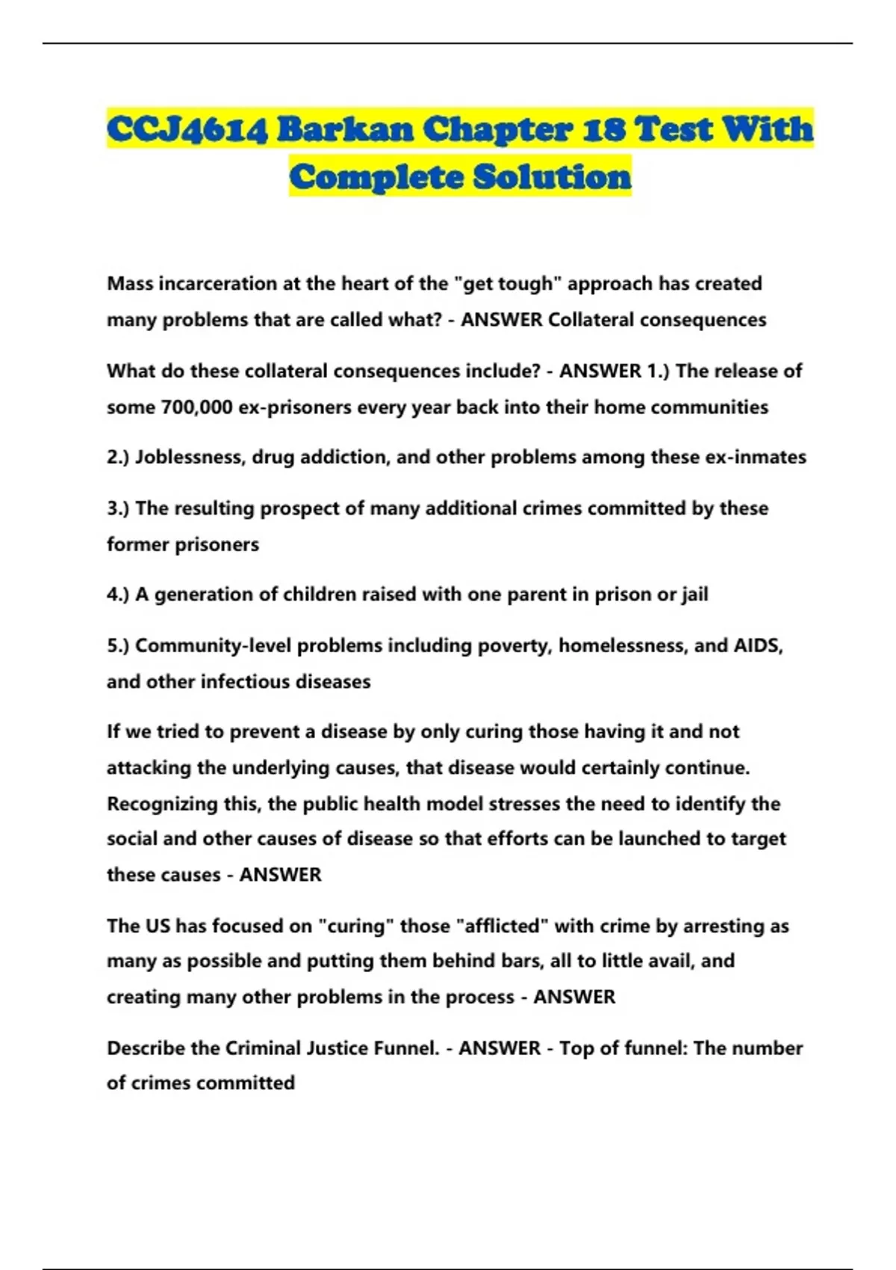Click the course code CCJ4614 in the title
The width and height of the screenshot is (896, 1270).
[187, 129]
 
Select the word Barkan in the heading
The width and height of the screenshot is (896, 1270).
[345, 129]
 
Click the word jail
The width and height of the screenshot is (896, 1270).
[694, 595]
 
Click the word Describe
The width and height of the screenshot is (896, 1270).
[146, 1048]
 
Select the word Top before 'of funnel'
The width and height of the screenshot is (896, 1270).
[576, 1048]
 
